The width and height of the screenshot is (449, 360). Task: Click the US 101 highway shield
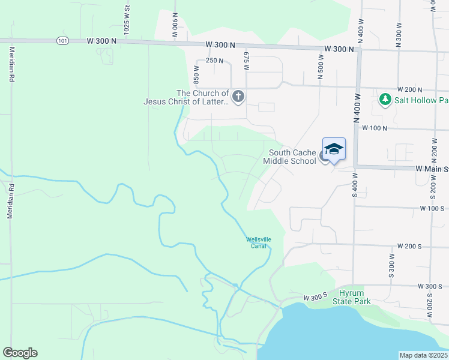coord(63,41)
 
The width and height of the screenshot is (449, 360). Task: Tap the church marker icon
coord(238,97)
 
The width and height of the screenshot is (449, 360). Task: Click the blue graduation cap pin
coord(334,149)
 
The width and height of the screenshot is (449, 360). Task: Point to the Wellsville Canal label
coord(258,242)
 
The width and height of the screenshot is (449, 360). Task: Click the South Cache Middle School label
coord(292,157)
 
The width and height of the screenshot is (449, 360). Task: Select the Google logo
coord(20,353)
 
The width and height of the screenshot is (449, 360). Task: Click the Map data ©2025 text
coord(423,355)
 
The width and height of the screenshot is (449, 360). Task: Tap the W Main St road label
coord(432,169)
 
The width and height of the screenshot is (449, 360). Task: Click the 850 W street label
coord(196,74)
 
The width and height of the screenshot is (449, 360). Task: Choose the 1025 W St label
coord(127,19)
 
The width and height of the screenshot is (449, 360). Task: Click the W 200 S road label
coord(411,247)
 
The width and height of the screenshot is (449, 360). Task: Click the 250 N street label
coord(214,61)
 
